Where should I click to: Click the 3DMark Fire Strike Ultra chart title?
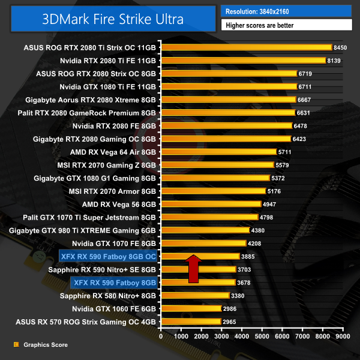(x=113, y=18)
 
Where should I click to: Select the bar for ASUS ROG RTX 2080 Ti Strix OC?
(x=246, y=47)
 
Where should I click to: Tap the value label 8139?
(x=334, y=61)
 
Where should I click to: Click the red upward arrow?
(x=211, y=268)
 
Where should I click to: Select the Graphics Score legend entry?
(x=45, y=345)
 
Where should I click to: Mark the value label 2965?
(x=230, y=322)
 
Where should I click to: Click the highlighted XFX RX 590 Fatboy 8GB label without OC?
(x=114, y=282)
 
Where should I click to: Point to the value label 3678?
(x=244, y=282)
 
